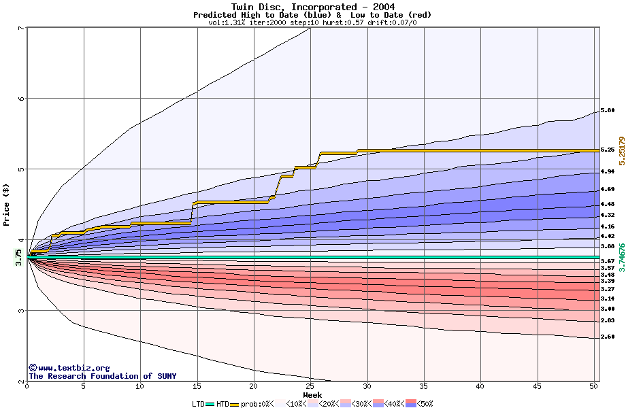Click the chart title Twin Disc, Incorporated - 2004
point(312,7)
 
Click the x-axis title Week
point(312,395)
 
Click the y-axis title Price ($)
point(7,204)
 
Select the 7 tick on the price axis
point(20,27)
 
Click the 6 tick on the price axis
point(20,98)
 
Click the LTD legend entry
point(199,404)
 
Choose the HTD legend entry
point(223,404)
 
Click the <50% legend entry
point(422,404)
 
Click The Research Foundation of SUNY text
point(102,376)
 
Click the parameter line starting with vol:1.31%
point(312,22)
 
